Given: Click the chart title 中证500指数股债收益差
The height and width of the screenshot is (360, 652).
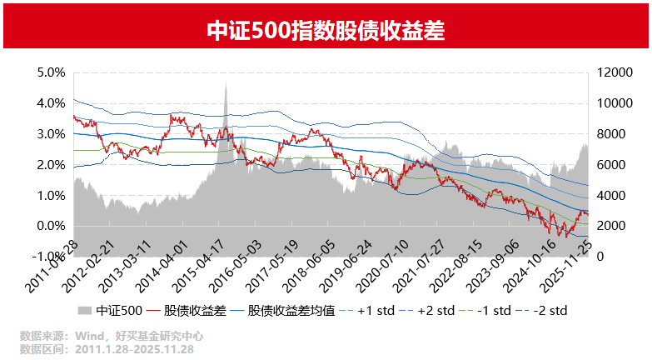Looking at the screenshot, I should point(326,31).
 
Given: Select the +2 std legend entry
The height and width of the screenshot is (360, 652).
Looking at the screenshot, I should point(435,311).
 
